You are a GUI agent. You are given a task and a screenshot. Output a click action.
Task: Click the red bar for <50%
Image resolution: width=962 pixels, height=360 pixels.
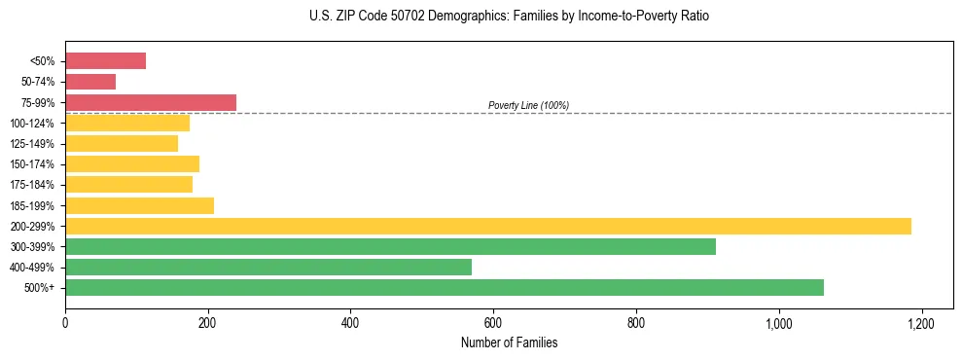105,61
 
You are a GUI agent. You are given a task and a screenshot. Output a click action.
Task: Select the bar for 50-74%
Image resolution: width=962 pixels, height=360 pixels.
90,82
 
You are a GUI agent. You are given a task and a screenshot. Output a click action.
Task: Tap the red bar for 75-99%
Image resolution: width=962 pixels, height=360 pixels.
151,102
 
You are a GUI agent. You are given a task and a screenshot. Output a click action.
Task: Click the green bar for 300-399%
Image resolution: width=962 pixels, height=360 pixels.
390,246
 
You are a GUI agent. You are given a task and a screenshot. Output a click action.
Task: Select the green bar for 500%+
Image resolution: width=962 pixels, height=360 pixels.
445,287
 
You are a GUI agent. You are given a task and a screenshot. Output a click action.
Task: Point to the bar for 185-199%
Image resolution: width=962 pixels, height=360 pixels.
139,205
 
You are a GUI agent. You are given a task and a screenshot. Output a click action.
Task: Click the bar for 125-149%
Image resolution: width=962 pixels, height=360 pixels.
122,143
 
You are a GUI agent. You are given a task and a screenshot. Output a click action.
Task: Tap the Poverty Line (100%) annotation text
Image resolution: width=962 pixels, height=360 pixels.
528,105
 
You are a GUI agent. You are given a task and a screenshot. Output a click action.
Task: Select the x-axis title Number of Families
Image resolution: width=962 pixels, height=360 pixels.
509,342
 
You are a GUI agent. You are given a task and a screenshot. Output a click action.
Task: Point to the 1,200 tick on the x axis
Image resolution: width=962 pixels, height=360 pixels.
921,322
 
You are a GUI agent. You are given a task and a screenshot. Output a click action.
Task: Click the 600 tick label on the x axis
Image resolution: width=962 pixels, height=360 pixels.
493,322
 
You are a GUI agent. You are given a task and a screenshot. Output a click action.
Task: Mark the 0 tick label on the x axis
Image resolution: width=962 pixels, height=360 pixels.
65,322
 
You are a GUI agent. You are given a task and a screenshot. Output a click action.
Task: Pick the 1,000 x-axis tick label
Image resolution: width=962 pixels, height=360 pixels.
778,322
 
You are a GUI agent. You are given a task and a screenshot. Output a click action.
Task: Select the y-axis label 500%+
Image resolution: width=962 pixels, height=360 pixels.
39,288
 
